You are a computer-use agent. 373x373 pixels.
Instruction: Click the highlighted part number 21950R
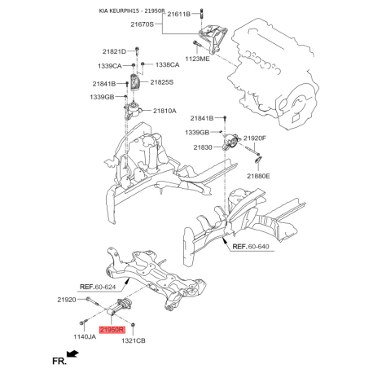pyautogui.click(x=112, y=330)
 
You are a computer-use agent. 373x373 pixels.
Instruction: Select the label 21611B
pyautogui.click(x=179, y=14)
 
